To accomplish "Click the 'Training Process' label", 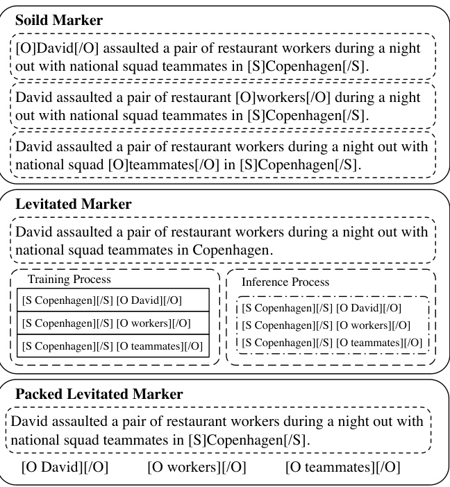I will click(x=69, y=279).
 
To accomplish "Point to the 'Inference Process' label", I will click(x=285, y=282).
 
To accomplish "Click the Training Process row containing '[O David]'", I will click(x=112, y=300).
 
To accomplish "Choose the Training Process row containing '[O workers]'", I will click(x=112, y=323).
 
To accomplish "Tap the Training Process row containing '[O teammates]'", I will click(x=112, y=345).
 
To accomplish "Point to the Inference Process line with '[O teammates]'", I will click(x=331, y=342).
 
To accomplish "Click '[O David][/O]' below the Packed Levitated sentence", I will click(x=66, y=467).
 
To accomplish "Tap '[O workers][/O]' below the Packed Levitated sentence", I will click(x=197, y=467).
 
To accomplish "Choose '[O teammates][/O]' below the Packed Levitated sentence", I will click(x=342, y=467).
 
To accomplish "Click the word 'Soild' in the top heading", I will click(x=33, y=19).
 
